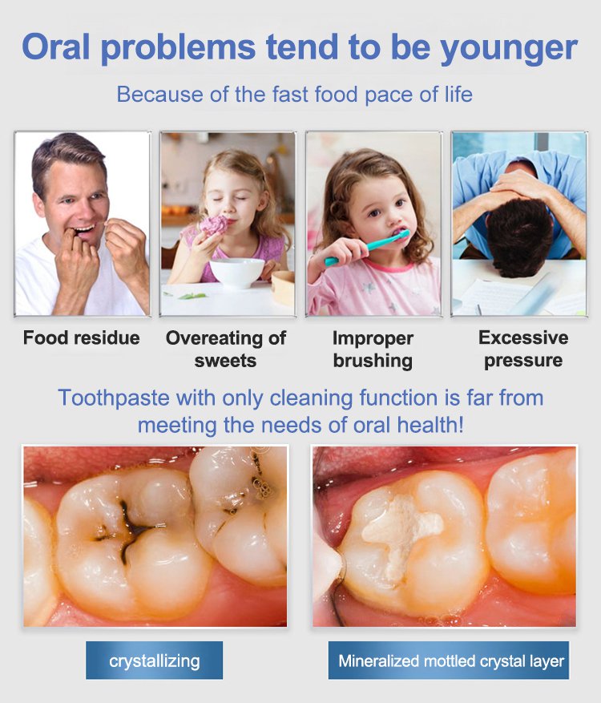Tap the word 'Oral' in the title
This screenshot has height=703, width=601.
click(x=55, y=46)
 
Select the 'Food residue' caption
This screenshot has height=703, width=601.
click(x=81, y=337)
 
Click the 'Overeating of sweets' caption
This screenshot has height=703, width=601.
click(x=226, y=349)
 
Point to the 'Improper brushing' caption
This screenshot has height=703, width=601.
click(x=373, y=349)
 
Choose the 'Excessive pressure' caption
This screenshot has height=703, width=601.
click(x=523, y=349)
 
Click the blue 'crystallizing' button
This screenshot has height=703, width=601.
click(x=154, y=660)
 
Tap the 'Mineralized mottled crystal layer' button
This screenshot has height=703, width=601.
click(x=449, y=660)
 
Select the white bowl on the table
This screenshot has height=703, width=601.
click(x=237, y=273)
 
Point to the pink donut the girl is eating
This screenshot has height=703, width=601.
click(x=214, y=225)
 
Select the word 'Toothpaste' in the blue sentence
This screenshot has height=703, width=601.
click(x=114, y=398)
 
